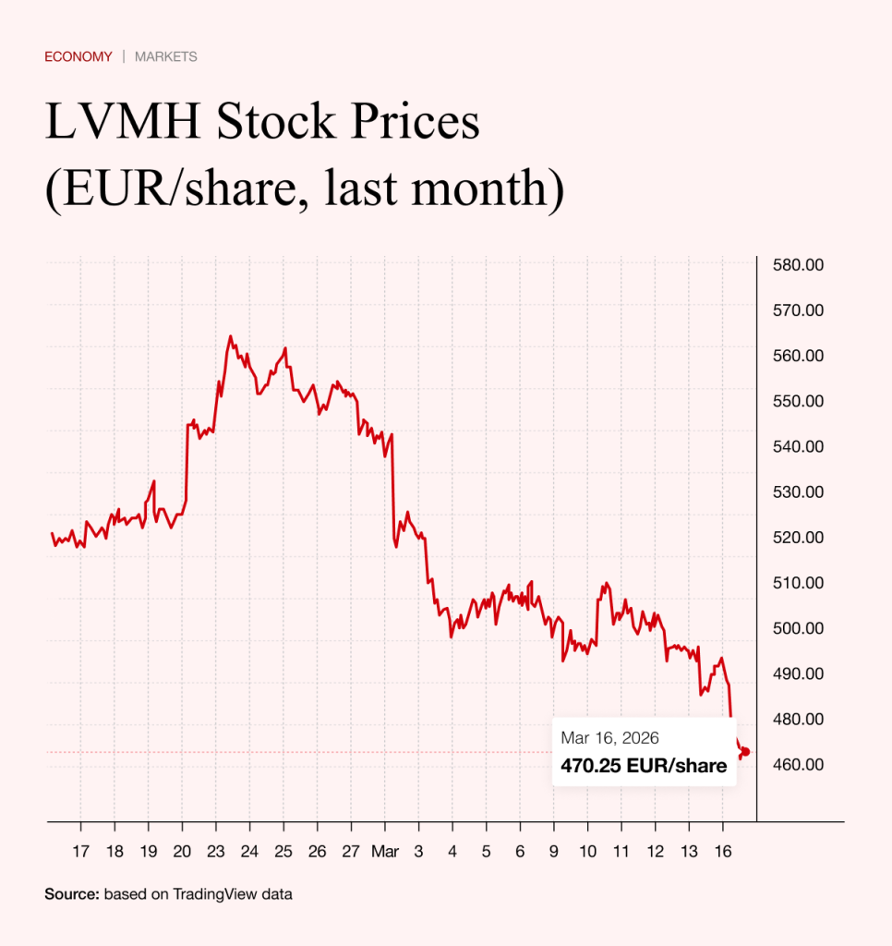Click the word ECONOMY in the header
click(x=78, y=56)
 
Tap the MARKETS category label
click(x=166, y=56)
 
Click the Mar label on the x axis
click(x=384, y=852)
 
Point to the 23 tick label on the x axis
click(x=215, y=852)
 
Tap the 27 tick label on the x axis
click(x=350, y=852)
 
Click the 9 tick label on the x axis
click(x=553, y=852)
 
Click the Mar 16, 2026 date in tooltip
click(x=609, y=738)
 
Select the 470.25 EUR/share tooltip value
click(x=644, y=765)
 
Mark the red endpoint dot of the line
click(x=745, y=751)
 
